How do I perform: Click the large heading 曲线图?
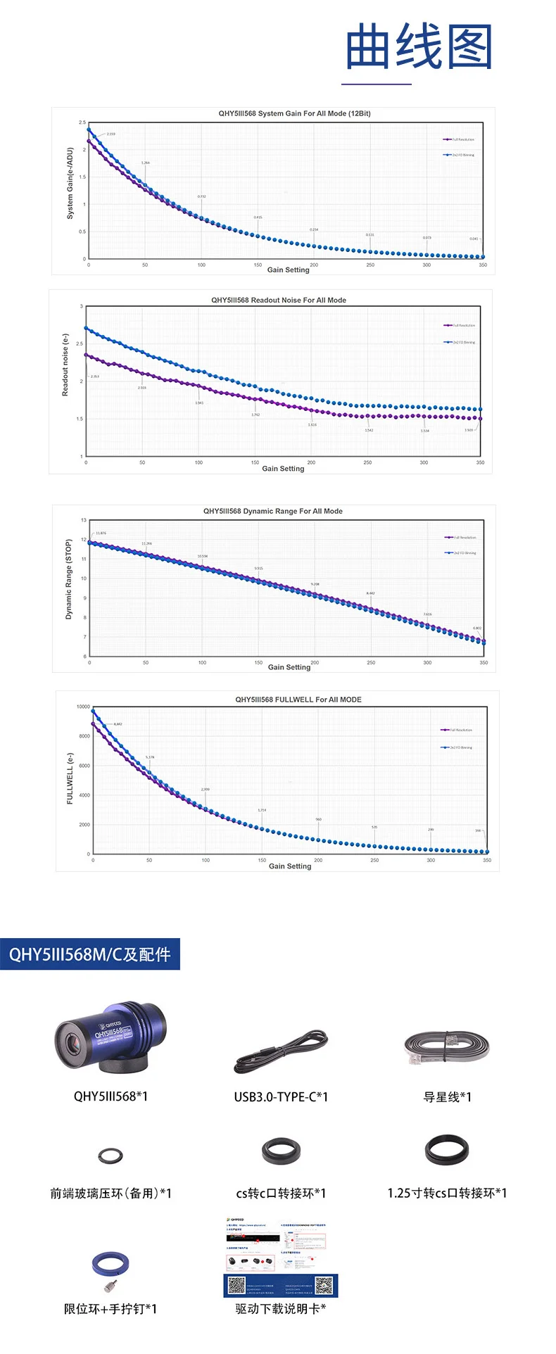(x=418, y=46)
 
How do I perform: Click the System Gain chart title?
(x=294, y=113)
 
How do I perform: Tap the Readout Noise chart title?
(x=279, y=300)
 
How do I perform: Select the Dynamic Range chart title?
(x=273, y=511)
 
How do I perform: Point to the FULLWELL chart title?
(x=298, y=700)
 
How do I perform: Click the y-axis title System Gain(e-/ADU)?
(x=70, y=184)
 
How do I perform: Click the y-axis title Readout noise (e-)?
(x=65, y=365)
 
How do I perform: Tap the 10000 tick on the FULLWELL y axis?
(x=83, y=707)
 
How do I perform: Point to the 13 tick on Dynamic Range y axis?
(x=83, y=520)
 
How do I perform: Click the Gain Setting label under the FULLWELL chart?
(x=290, y=866)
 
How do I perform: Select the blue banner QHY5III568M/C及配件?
(x=90, y=954)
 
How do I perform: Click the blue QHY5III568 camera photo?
(x=110, y=1039)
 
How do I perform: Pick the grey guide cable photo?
(x=447, y=1047)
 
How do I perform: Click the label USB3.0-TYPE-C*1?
(x=281, y=1096)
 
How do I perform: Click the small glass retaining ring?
(x=110, y=1154)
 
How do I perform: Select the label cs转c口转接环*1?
(x=281, y=1193)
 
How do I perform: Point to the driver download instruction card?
(x=281, y=1257)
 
